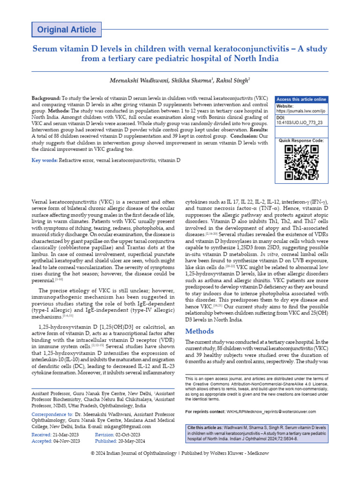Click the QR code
(301, 162)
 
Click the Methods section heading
(200, 331)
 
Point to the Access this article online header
(301, 99)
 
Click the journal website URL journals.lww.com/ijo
(300, 111)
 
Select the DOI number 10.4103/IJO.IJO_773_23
(300, 122)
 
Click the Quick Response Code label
(301, 141)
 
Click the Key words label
(44, 160)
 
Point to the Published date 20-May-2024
(129, 441)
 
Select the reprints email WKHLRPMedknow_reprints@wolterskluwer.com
(269, 412)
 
